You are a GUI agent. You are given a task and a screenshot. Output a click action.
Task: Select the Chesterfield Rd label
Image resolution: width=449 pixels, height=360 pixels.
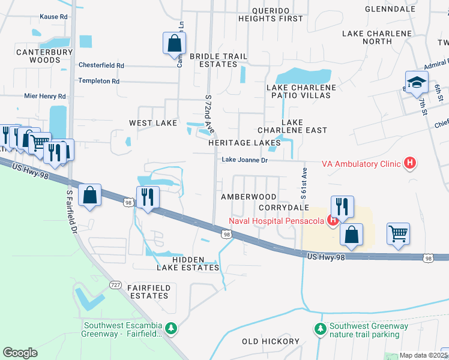(101, 65)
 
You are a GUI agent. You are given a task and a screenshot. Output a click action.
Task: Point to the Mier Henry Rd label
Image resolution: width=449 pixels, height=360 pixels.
(45, 96)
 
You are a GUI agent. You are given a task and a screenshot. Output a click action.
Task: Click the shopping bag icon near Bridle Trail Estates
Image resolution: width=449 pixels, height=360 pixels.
(173, 43)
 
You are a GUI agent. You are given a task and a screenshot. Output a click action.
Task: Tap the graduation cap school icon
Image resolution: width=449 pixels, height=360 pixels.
(416, 83)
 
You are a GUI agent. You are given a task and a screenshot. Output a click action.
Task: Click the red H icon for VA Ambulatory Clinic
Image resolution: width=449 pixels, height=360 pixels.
(410, 163)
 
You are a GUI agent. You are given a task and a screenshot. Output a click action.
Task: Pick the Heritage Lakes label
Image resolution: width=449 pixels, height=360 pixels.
(244, 143)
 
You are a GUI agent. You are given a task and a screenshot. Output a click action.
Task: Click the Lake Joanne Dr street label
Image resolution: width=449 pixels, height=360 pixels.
(244, 160)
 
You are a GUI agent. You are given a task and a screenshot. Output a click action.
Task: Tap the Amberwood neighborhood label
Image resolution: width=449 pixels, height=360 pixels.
(248, 197)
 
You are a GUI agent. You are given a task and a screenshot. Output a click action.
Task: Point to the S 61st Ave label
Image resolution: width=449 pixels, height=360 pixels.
(304, 184)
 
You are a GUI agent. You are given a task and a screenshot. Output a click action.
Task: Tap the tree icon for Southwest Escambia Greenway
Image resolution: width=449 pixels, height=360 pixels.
(172, 328)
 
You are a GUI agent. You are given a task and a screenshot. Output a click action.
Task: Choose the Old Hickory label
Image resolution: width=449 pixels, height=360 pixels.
(270, 341)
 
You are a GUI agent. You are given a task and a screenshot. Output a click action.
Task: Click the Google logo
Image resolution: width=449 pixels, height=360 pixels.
(20, 353)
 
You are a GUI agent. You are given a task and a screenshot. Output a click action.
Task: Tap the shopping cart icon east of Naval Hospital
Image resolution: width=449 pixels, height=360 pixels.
(399, 233)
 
